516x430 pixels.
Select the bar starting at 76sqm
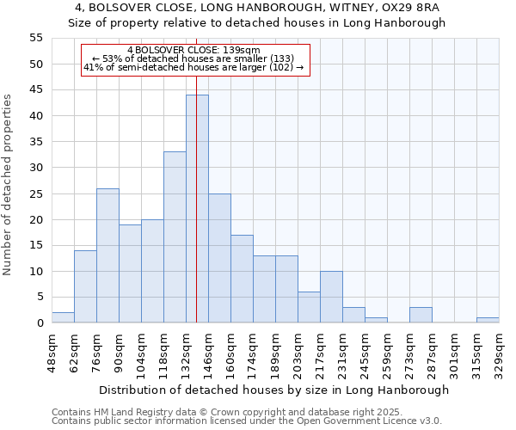click(x=107, y=255)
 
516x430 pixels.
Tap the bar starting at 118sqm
click(x=175, y=237)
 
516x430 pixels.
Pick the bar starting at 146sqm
click(x=219, y=258)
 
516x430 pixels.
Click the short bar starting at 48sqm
click(x=63, y=317)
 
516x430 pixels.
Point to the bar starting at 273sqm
click(x=421, y=315)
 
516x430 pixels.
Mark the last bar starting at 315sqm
click(x=488, y=320)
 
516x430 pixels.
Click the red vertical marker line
click(x=197, y=172)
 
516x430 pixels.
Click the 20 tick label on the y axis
click(x=36, y=219)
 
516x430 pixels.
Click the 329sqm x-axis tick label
click(x=499, y=353)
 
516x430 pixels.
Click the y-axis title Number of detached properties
click(x=9, y=185)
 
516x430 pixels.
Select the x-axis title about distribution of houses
click(x=273, y=390)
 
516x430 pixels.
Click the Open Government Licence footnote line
click(x=247, y=421)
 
